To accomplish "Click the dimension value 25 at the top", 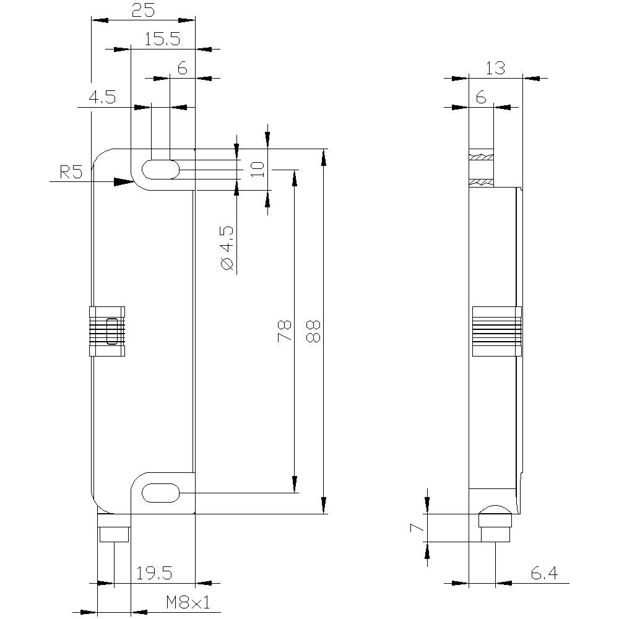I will pyautogui.click(x=144, y=11).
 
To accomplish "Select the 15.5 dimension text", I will pyautogui.click(x=162, y=40).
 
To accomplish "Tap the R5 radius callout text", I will pyautogui.click(x=71, y=173).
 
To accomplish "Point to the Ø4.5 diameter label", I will pyautogui.click(x=227, y=248).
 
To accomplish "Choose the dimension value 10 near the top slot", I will pyautogui.click(x=258, y=168).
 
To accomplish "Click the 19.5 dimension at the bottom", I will pyautogui.click(x=154, y=574).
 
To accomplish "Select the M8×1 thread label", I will pyautogui.click(x=188, y=602).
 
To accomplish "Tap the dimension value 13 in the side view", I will pyautogui.click(x=495, y=68).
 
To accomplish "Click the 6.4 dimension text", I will pyautogui.click(x=544, y=574).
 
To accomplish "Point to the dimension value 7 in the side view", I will pyautogui.click(x=417, y=527).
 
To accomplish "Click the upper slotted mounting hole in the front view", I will pyautogui.click(x=161, y=169).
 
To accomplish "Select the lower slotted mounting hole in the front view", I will pyautogui.click(x=161, y=493).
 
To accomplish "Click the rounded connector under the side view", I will pyautogui.click(x=495, y=523).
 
